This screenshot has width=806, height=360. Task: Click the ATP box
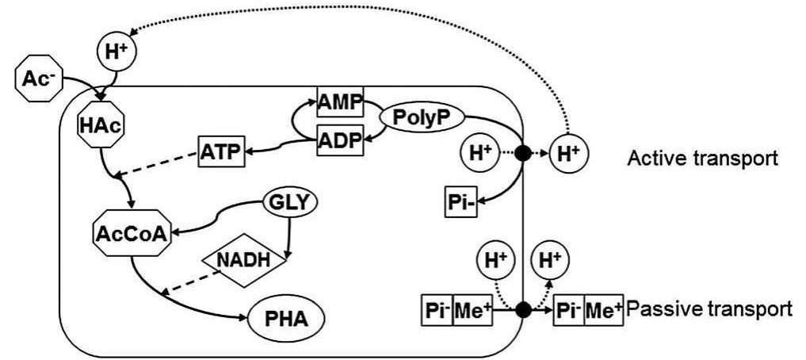tap(220, 151)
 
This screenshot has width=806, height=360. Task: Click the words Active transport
tap(701, 159)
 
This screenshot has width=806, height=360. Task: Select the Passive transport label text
tap(708, 308)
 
